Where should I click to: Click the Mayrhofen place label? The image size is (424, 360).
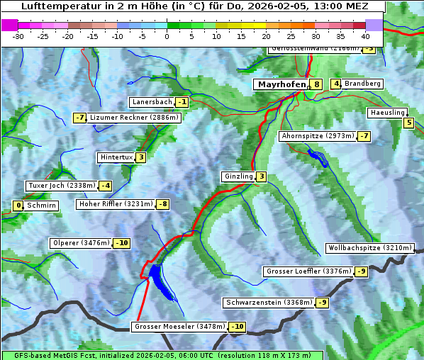point(281,84)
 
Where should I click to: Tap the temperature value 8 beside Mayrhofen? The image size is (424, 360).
point(316,84)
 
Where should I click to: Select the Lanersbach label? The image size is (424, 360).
point(152,102)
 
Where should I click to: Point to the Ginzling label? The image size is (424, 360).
point(238,176)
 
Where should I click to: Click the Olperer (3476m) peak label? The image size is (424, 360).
point(81,243)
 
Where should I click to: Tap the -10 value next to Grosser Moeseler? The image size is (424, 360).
point(237,327)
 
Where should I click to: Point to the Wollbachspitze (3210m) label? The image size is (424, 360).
point(369,248)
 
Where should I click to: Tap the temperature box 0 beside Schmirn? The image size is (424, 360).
point(18,206)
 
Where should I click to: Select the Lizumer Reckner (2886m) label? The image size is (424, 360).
point(133,118)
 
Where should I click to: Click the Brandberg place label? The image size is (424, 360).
point(362,84)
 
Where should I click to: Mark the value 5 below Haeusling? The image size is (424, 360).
point(408,123)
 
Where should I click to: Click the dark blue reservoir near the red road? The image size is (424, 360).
point(157,276)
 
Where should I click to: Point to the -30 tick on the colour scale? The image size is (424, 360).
point(18,35)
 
